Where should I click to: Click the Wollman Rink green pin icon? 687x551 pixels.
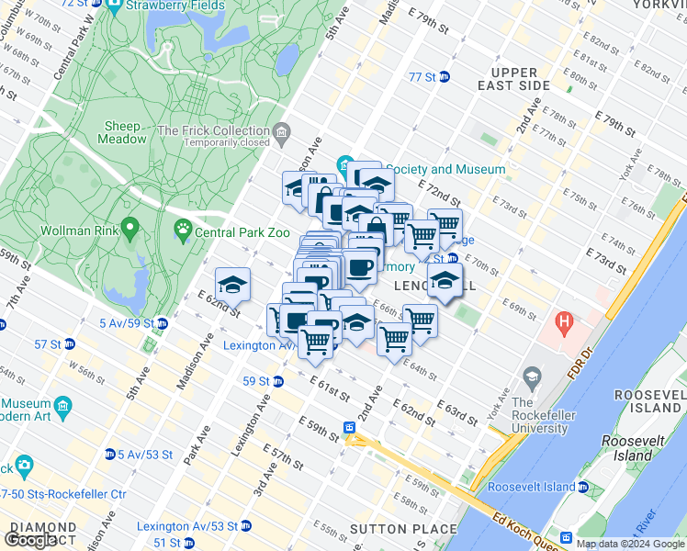130,226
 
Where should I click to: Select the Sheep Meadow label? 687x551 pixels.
124,132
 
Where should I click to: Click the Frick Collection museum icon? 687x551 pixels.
281,131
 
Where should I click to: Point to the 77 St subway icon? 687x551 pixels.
445,77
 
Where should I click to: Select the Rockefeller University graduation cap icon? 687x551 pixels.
531,377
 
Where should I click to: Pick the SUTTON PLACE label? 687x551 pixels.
403,529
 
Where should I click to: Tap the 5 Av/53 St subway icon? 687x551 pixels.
110,455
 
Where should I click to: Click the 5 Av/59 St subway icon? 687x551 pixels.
162,323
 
